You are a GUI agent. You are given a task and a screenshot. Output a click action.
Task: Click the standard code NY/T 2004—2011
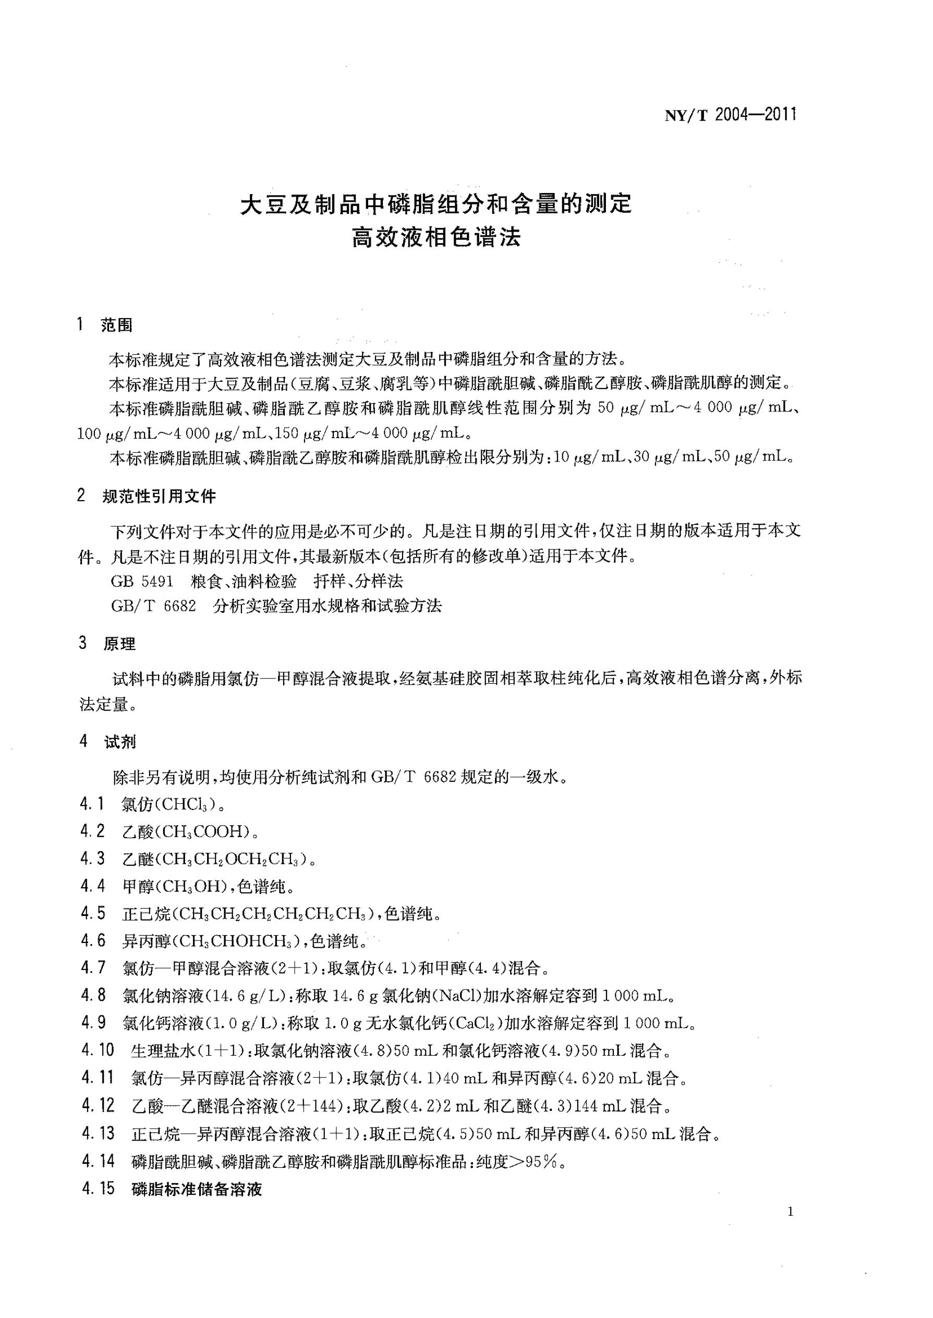click(730, 115)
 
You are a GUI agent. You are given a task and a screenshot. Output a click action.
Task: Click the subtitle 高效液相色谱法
click(436, 237)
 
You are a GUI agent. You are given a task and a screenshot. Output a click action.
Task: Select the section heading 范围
click(116, 326)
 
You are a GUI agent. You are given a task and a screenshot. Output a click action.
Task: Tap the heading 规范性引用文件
click(159, 497)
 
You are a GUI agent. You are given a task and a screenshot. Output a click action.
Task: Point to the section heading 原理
click(119, 644)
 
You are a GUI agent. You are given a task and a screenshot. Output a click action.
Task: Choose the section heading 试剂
click(119, 742)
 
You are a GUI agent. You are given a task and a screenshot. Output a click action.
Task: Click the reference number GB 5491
click(142, 582)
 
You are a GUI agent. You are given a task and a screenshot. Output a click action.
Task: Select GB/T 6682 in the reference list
click(153, 606)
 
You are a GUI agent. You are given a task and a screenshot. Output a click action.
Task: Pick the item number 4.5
click(92, 913)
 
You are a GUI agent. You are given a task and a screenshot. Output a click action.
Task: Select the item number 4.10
click(98, 1051)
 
